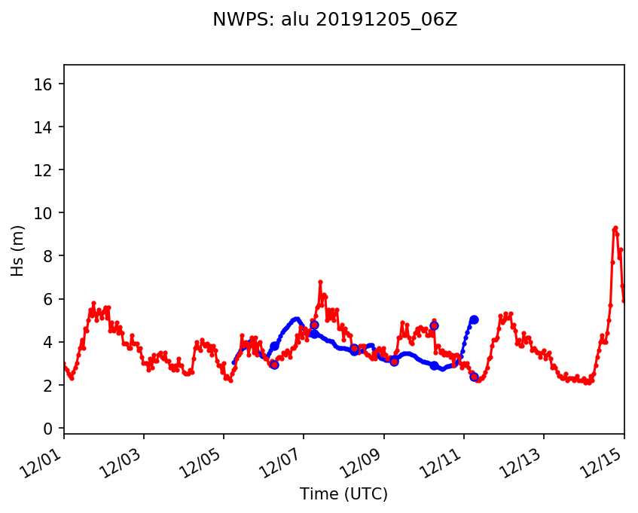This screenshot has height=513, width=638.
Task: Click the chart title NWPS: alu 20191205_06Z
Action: click(334, 20)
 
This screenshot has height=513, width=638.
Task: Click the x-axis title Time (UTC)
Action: click(343, 494)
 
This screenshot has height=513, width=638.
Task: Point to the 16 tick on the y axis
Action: click(48, 84)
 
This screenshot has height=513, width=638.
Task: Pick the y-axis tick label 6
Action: click(51, 299)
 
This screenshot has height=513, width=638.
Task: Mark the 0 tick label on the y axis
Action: click(51, 428)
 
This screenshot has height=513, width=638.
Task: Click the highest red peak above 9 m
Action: click(615, 227)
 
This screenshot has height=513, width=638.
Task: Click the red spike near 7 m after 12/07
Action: click(320, 282)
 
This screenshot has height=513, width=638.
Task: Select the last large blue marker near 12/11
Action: click(474, 319)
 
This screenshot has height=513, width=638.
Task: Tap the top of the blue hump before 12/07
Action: click(296, 319)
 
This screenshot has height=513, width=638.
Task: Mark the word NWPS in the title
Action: click(234, 20)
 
